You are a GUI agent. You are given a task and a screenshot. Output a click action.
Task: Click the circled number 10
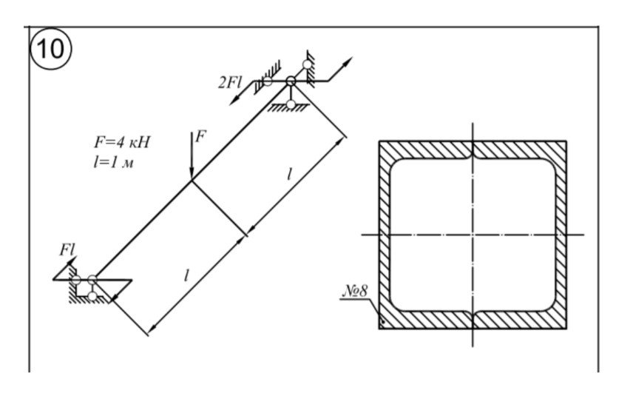(x=51, y=49)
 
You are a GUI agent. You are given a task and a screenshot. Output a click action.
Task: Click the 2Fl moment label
(x=230, y=82)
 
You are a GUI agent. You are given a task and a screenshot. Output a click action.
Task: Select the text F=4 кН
(x=122, y=142)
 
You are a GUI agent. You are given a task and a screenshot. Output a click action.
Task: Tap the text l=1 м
(x=113, y=162)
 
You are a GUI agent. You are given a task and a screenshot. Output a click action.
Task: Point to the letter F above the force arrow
(x=200, y=137)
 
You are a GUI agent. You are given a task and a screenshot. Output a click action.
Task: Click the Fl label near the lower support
(x=67, y=250)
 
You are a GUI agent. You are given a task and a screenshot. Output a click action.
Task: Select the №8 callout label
(x=355, y=291)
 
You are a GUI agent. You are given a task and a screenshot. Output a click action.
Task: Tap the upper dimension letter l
(x=288, y=175)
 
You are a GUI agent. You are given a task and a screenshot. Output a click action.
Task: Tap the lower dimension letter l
(x=186, y=275)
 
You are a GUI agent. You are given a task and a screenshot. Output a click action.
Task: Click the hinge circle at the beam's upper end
(x=291, y=81)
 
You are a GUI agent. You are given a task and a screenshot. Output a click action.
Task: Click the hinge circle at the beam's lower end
(x=92, y=279)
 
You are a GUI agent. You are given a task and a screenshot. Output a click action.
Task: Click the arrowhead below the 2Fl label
(x=234, y=100)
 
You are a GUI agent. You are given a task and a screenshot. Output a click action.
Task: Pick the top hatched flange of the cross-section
(x=473, y=150)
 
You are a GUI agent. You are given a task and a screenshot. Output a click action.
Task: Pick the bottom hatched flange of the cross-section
(x=473, y=320)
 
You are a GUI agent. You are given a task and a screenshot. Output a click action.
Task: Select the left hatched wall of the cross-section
(x=385, y=235)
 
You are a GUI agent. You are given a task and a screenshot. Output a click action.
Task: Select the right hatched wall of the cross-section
(x=561, y=235)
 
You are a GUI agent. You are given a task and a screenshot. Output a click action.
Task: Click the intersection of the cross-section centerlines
(x=473, y=235)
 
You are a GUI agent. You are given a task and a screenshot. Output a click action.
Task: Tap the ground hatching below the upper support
(x=288, y=108)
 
